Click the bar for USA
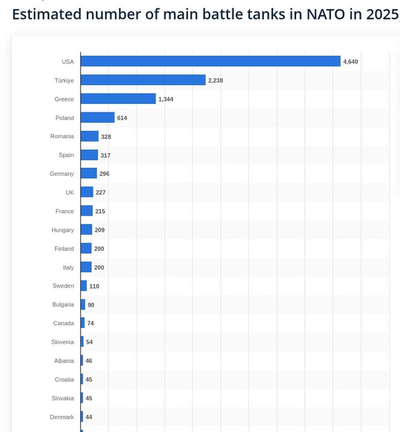[210, 61]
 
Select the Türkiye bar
[143, 80]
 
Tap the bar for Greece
[118, 99]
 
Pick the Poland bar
[97, 118]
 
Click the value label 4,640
[351, 62]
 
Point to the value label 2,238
[216, 81]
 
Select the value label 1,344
[166, 100]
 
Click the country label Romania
[62, 136]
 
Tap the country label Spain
[66, 155]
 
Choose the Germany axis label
[62, 174]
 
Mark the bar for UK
[87, 192]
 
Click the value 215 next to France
[100, 211]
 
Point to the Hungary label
[62, 230]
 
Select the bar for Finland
[86, 249]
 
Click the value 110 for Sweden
[94, 286]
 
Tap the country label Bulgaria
[63, 305]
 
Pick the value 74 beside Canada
[91, 324]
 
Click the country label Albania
[64, 361]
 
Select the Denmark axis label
[62, 417]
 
